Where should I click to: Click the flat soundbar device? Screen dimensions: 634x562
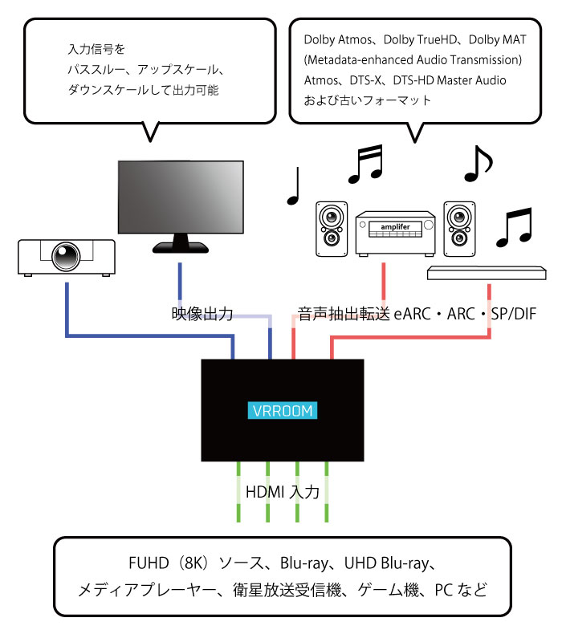coord(486,272)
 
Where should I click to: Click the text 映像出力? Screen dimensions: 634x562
coord(202,314)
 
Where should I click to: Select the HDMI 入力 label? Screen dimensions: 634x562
coord(283,492)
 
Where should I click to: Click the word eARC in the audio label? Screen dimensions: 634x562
coord(412,314)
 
